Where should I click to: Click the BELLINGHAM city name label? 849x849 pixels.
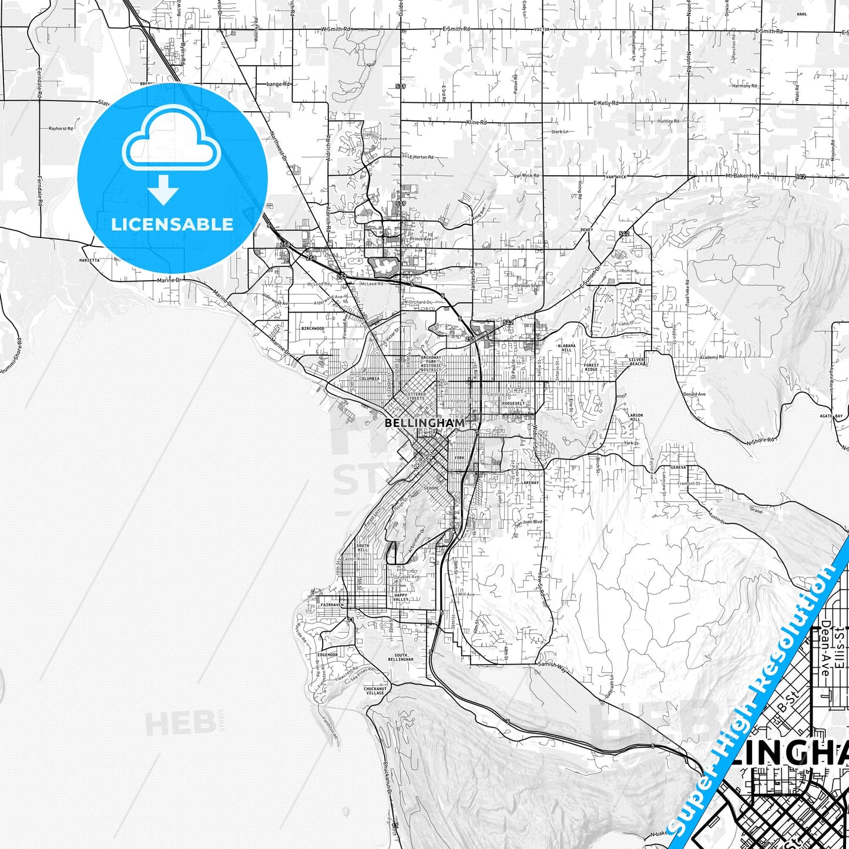424,422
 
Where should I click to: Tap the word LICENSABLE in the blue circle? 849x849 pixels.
172,224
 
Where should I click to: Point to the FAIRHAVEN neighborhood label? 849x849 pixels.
332,605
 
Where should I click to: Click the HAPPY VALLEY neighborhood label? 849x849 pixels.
401,597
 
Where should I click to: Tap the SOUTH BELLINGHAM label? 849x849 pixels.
401,657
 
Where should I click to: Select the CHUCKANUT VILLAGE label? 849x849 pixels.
375,691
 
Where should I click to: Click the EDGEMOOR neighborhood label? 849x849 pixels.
327,655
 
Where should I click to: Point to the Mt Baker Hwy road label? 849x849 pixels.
743,176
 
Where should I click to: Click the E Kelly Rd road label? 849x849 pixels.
605,103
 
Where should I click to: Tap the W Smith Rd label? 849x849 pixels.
335,29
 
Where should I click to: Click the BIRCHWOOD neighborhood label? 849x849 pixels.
313,328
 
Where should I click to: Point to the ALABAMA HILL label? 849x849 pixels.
566,348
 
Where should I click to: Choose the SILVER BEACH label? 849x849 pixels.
636,361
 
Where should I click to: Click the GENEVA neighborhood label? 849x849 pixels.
678,467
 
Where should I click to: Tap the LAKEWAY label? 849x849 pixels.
530,482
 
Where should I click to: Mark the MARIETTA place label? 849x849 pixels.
89,260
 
